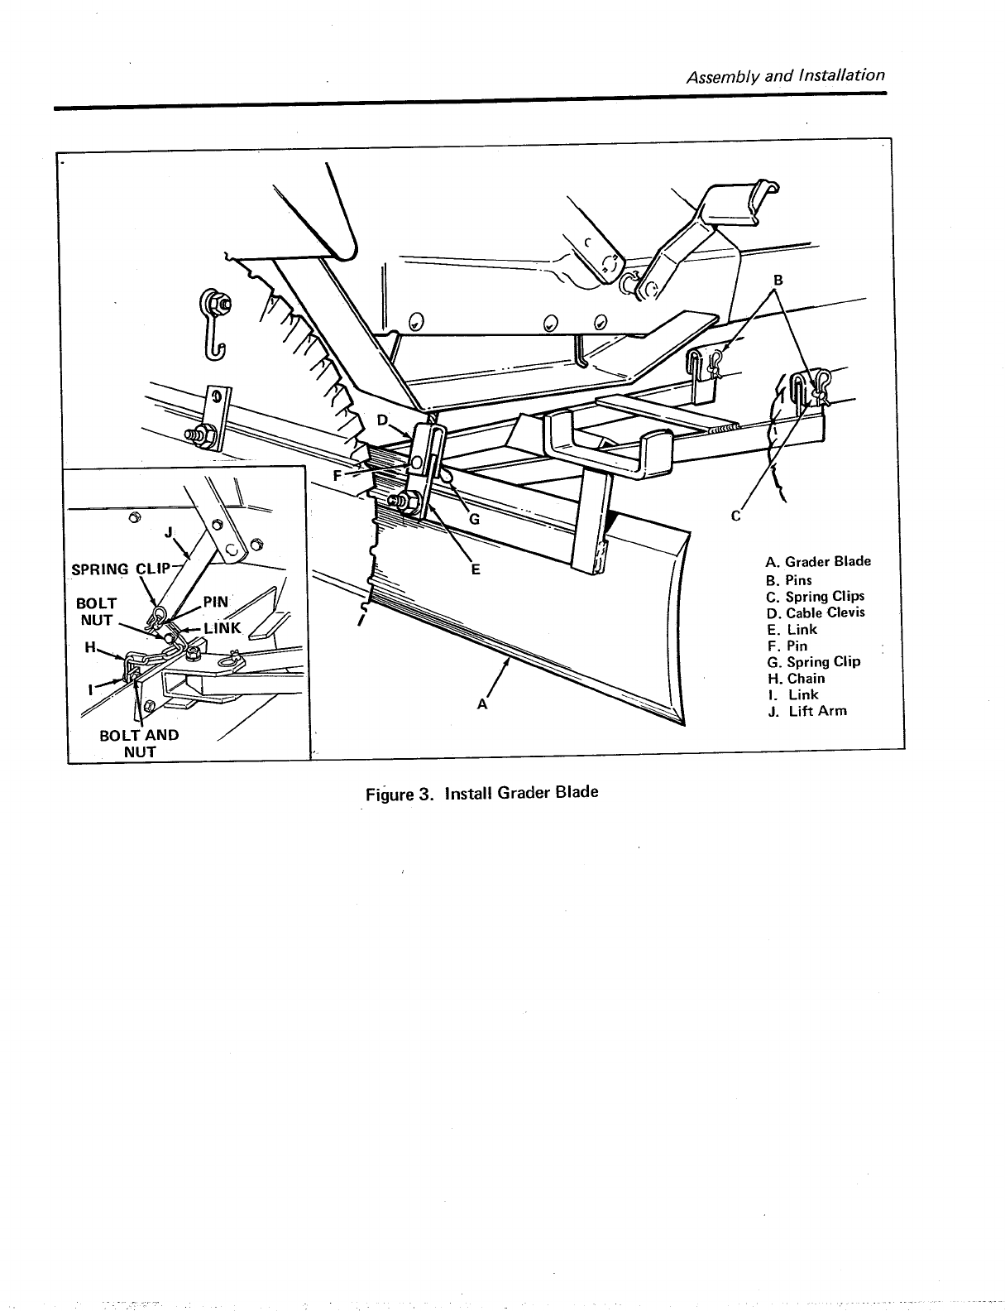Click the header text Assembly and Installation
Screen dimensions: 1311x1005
(786, 76)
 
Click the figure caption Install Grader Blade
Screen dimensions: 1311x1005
(481, 792)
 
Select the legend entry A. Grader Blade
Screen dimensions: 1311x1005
(819, 561)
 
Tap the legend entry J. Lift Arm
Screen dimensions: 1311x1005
(807, 710)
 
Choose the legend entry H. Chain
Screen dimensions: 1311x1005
(797, 678)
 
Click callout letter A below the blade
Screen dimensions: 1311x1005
(482, 704)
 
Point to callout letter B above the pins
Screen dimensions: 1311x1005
(777, 279)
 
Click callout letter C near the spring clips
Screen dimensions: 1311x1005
(735, 516)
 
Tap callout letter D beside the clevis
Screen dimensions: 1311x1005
(381, 420)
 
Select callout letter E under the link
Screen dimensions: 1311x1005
(476, 569)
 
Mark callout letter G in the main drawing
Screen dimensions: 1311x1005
(474, 520)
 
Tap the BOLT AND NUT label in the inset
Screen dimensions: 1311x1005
(139, 743)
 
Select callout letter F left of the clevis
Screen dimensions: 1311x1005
(337, 476)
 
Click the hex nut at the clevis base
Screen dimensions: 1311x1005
(408, 502)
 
